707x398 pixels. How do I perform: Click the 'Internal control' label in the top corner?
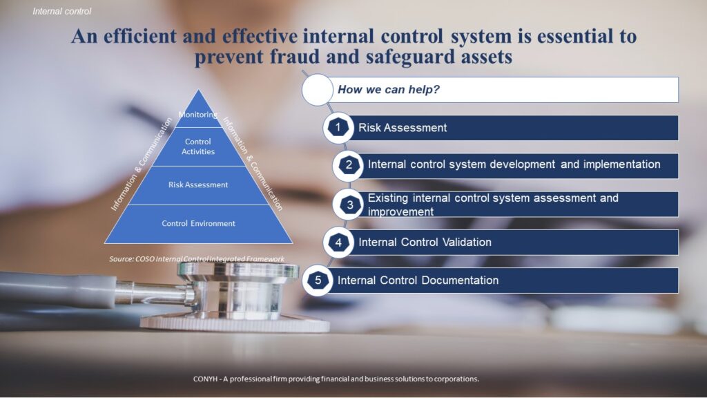[x=61, y=11]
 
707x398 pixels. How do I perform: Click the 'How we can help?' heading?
[x=388, y=89]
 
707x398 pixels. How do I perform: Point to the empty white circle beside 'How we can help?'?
[x=318, y=90]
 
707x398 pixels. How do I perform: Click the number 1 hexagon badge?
[x=338, y=128]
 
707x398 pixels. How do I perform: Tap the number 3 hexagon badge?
[x=349, y=205]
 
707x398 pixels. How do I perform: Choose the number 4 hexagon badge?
[x=338, y=243]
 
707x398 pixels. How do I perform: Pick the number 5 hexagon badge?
[x=318, y=281]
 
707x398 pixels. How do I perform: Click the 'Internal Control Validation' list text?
[x=425, y=243]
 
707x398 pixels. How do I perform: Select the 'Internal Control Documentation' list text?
[x=418, y=281]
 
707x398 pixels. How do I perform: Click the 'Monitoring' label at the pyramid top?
[x=198, y=115]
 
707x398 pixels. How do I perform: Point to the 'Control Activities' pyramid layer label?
[x=198, y=146]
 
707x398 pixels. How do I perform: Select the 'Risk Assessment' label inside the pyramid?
[x=198, y=184]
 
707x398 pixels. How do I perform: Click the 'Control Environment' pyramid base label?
[x=198, y=223]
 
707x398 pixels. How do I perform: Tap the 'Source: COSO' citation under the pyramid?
[x=197, y=259]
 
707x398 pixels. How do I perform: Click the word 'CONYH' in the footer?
[x=205, y=379]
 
